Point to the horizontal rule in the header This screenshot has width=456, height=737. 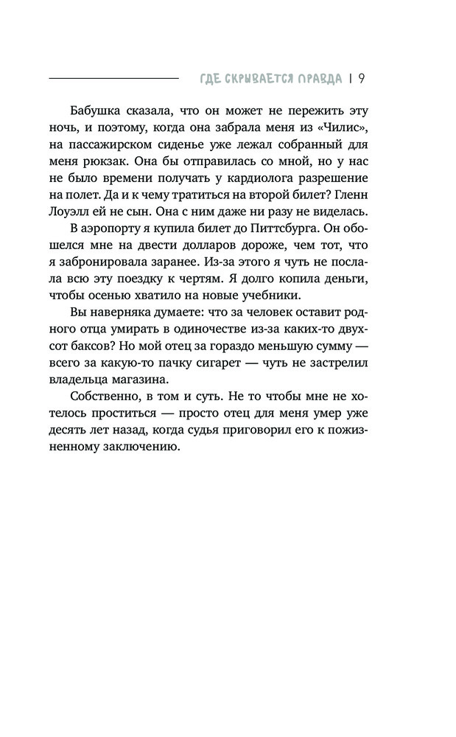pos(113,78)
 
